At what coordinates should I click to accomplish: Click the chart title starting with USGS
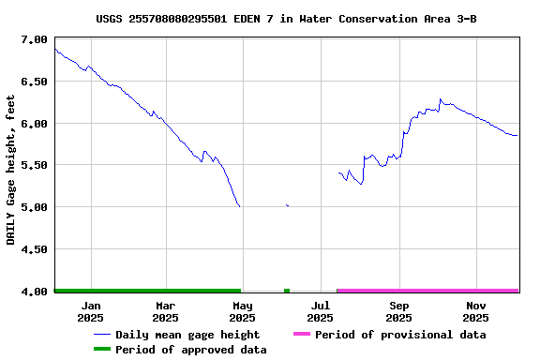279,19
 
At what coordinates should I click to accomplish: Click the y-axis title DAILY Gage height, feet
11,170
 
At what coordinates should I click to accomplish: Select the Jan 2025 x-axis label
91,311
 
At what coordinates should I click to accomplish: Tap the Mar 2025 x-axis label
165,311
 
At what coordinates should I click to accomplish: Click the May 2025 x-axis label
243,311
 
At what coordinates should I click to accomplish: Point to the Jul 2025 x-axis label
321,311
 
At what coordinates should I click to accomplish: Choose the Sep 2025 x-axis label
398,311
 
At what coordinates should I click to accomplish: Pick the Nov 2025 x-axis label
476,311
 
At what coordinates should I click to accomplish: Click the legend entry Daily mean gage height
187,335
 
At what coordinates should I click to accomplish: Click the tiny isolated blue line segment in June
287,204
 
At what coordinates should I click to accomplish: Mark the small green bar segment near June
287,291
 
